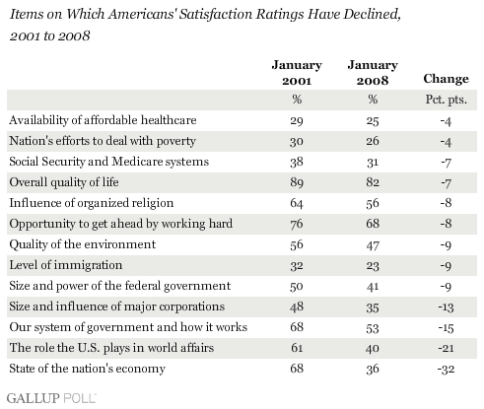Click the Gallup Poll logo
(51, 398)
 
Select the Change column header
(446, 79)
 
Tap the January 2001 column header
(297, 73)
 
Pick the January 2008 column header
(373, 73)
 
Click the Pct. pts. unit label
(446, 100)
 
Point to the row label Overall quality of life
(64, 182)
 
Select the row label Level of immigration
(66, 265)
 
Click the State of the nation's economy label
(87, 369)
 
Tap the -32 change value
(446, 369)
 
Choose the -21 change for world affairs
(446, 348)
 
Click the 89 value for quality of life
(297, 182)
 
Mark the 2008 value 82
(373, 182)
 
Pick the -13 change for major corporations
(446, 307)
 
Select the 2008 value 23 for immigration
(373, 265)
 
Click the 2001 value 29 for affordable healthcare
(297, 121)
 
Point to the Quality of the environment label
(83, 244)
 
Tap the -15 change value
(446, 328)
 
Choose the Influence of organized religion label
(92, 203)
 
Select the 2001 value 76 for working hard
(297, 224)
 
